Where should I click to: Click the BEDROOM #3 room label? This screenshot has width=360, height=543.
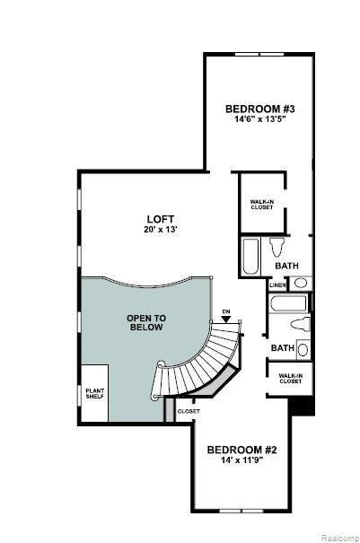pyautogui.click(x=259, y=109)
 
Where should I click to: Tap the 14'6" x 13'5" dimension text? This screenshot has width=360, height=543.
pyautogui.click(x=260, y=119)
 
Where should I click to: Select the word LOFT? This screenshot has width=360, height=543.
pyautogui.click(x=161, y=219)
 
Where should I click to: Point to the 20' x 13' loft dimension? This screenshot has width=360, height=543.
pyautogui.click(x=161, y=229)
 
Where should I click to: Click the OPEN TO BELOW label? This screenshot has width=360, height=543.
pyautogui.click(x=146, y=323)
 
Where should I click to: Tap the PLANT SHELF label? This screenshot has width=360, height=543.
pyautogui.click(x=95, y=394)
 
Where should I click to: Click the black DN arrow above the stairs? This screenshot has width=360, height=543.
pyautogui.click(x=226, y=320)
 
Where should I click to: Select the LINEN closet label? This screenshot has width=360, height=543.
pyautogui.click(x=278, y=285)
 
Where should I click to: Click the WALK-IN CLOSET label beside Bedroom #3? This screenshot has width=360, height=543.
pyautogui.click(x=261, y=205)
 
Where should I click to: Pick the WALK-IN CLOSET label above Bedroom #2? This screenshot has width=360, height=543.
pyautogui.click(x=290, y=378)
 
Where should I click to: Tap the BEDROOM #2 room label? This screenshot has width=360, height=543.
pyautogui.click(x=241, y=450)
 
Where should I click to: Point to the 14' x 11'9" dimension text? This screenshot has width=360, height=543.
pyautogui.click(x=241, y=460)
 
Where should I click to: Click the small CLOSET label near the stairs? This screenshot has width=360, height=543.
pyautogui.click(x=189, y=411)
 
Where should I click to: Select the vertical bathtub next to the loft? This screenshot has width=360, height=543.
pyautogui.click(x=250, y=256)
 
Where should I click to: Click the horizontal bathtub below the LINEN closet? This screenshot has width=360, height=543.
pyautogui.click(x=288, y=303)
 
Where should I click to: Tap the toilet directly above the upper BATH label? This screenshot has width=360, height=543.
pyautogui.click(x=277, y=247)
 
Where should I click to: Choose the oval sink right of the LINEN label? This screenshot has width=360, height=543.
pyautogui.click(x=300, y=284)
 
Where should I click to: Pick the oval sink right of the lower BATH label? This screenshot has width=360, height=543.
pyautogui.click(x=303, y=350)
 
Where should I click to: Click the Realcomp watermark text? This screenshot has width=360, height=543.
pyautogui.click(x=339, y=538)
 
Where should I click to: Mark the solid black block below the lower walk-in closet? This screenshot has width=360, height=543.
pyautogui.click(x=302, y=406)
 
